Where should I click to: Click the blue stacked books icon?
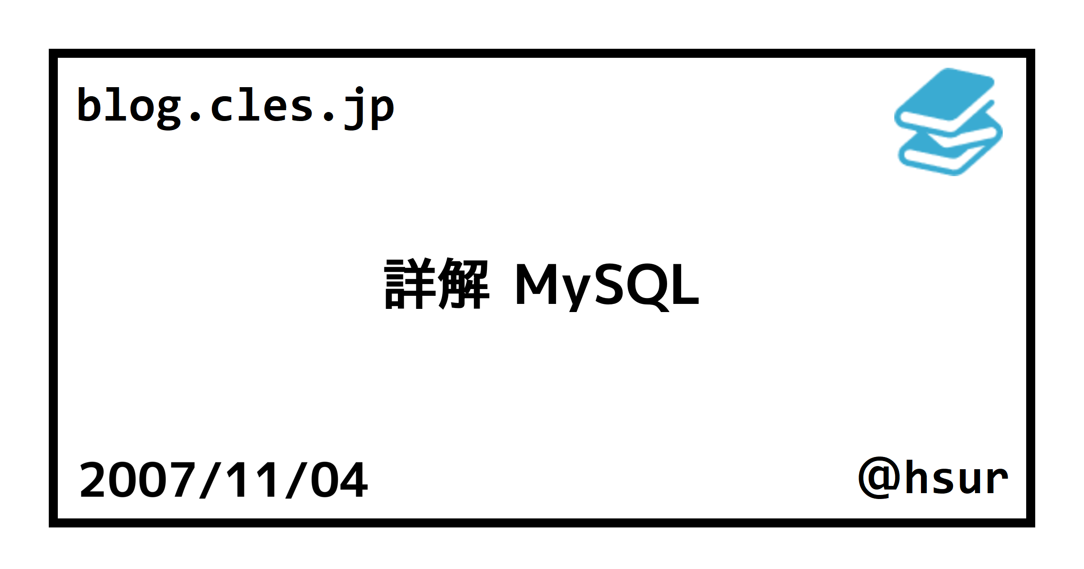pos(948,122)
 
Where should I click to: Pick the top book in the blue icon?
pos(946,97)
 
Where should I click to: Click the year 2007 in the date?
pos(137,480)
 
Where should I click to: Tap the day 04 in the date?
pos(339,480)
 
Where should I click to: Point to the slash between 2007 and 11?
pos(209,480)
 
